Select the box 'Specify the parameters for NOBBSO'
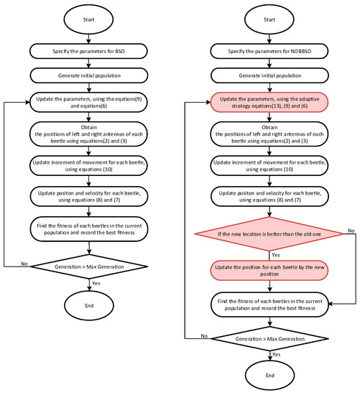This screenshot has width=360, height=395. [x=269, y=52]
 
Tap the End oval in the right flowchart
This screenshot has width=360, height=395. [x=269, y=373]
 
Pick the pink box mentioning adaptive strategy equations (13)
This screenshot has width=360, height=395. [x=269, y=103]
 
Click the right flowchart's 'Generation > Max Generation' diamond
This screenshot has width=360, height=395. [x=269, y=335]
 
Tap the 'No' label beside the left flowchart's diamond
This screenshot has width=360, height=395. [x=23, y=264]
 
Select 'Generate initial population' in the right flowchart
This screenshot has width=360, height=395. [x=269, y=74]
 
